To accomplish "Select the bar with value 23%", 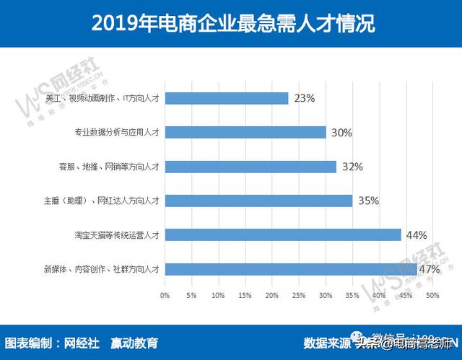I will click(x=227, y=98).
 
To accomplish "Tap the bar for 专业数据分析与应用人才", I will click(x=245, y=132).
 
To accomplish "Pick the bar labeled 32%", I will click(x=250, y=167).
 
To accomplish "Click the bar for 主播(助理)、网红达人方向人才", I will click(x=258, y=201).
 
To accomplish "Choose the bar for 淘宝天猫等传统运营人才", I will click(x=283, y=234).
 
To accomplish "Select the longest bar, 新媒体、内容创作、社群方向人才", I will click(x=291, y=269).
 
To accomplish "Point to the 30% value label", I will click(x=341, y=133).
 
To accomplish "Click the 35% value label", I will click(x=368, y=201).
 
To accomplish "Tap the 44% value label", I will click(x=417, y=235).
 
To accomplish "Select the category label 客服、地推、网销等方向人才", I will click(x=109, y=167).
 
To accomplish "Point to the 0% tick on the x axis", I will click(x=165, y=295).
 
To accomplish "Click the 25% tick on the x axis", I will click(x=299, y=295).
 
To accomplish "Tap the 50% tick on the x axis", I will click(x=432, y=295).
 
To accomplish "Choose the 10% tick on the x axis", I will click(x=218, y=295).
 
